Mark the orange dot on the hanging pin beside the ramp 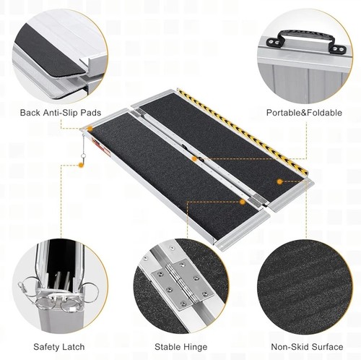pyautogui.click(x=82, y=165)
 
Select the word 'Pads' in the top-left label pyautogui.click(x=90, y=113)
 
